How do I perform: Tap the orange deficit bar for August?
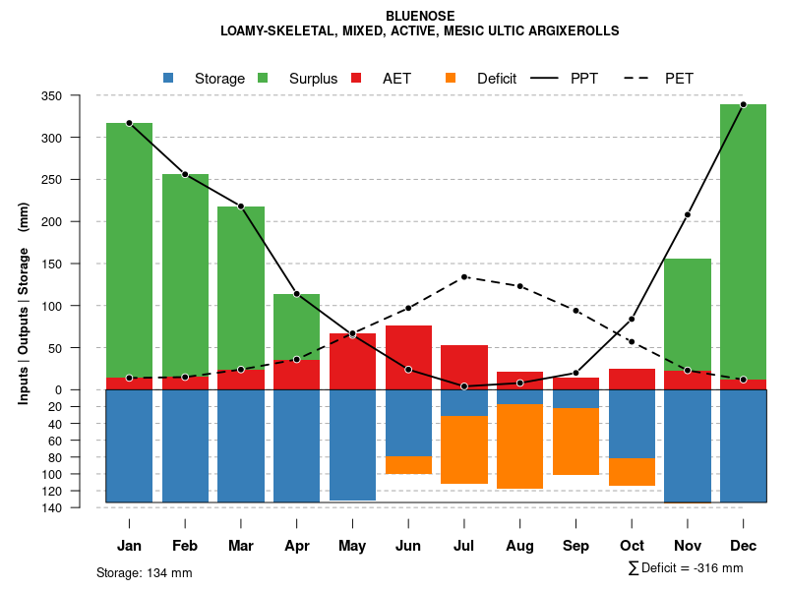pos(519,446)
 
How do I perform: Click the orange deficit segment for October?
pos(632,472)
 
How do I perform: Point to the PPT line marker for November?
pos(688,214)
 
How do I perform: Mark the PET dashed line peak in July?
pos(464,277)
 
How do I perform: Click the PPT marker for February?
pos(185,174)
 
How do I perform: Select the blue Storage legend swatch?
pos(168,78)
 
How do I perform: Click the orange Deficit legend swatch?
pos(451,78)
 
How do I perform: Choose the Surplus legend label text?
pos(313,79)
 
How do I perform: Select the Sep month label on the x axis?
pos(575,546)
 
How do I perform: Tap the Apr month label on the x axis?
pos(296,546)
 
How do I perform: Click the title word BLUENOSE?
pos(420,16)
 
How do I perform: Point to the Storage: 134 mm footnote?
pos(144,572)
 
